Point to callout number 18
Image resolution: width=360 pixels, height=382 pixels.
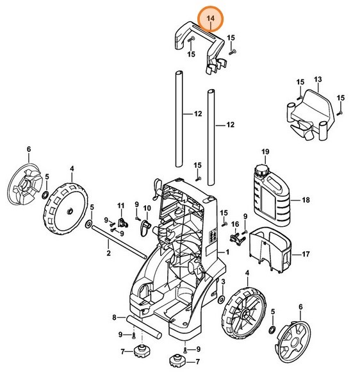[306, 201]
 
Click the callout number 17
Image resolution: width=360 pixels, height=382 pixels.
[306, 254]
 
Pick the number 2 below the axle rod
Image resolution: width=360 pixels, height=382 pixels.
[108, 254]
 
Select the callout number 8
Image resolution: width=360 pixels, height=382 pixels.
[115, 317]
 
